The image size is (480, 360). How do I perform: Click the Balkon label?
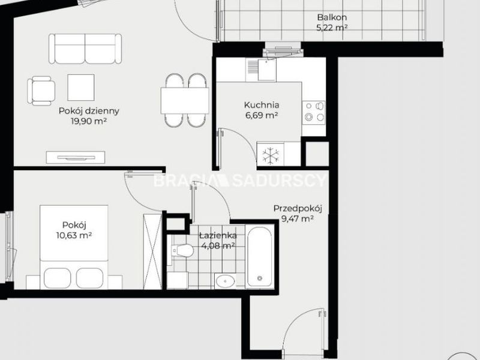[x=332, y=17]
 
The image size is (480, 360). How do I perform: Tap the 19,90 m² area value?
[x=89, y=121]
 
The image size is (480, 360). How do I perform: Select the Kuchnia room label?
[x=262, y=105]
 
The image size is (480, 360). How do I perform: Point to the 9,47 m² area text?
[x=297, y=219]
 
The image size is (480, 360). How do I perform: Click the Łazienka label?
[x=218, y=235]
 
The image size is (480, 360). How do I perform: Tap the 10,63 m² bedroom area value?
[x=74, y=235]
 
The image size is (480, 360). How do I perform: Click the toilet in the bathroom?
[x=182, y=251]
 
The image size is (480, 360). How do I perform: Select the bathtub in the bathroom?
[x=260, y=257]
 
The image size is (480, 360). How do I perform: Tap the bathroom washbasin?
[x=225, y=281]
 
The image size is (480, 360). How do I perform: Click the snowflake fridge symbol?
[x=271, y=156]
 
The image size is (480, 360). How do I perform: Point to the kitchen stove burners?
[x=314, y=111]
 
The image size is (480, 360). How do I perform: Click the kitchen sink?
[x=261, y=70]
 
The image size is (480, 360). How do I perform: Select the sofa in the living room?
[x=85, y=49]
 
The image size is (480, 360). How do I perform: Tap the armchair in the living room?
[x=41, y=91]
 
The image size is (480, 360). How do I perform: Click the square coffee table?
[x=81, y=87]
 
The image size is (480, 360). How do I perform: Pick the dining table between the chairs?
[x=185, y=100]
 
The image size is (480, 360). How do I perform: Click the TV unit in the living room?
[x=76, y=157]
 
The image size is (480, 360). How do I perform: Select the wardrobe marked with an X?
[x=152, y=251]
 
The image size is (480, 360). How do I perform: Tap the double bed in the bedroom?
[x=74, y=247]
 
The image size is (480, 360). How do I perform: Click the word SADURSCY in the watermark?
[x=279, y=181]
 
